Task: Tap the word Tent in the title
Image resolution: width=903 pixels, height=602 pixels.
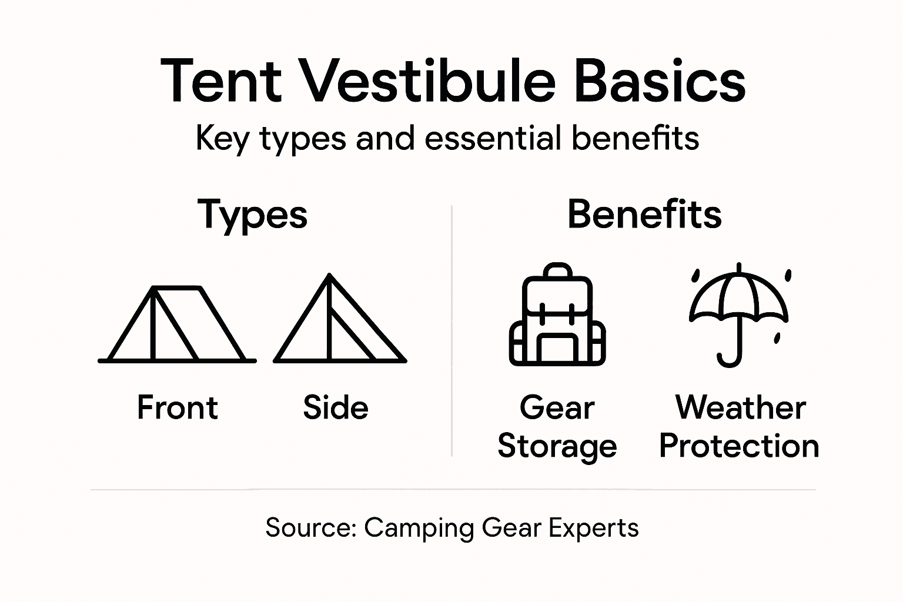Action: [x=221, y=81]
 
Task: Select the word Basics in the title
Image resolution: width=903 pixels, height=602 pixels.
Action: [x=659, y=81]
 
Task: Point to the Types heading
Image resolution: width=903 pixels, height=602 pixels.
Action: [x=252, y=215]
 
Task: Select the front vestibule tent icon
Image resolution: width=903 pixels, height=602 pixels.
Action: [x=177, y=324]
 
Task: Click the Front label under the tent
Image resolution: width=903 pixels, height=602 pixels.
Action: [x=177, y=407]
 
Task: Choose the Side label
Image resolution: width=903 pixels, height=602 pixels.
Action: [x=336, y=407]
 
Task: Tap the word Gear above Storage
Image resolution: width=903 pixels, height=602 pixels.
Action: [x=557, y=407]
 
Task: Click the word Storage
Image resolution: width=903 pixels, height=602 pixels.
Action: [x=557, y=446]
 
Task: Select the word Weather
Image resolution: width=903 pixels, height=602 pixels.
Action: [x=741, y=407]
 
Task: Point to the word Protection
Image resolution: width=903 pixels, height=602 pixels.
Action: [x=739, y=446]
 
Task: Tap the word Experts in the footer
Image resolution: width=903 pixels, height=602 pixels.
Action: [x=593, y=528]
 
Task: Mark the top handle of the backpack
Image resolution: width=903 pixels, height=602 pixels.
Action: [x=557, y=271]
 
